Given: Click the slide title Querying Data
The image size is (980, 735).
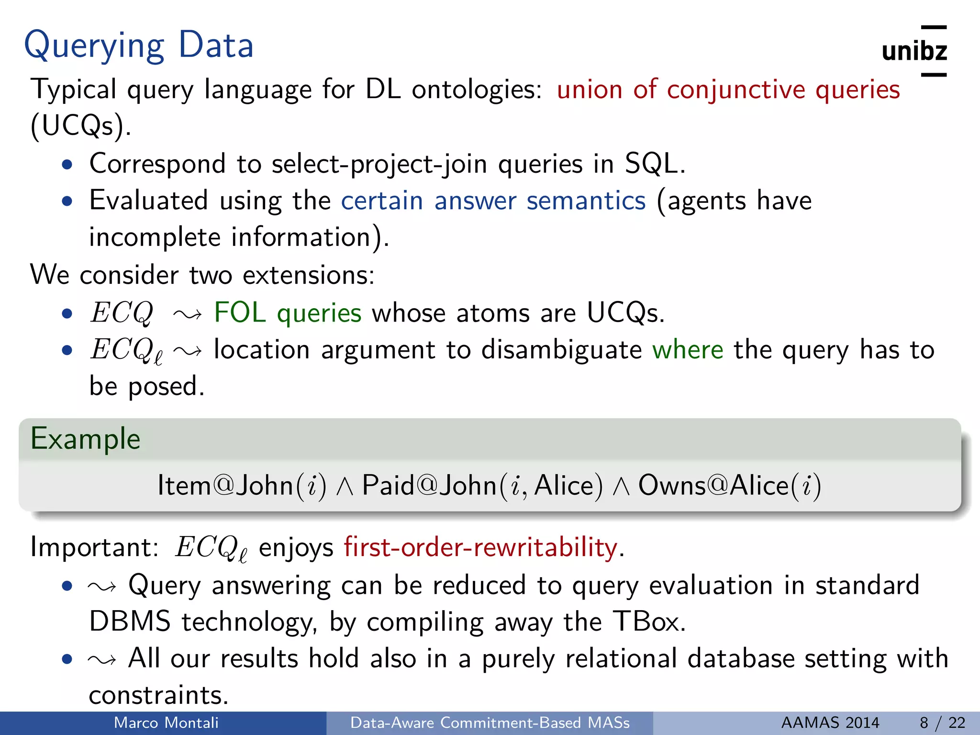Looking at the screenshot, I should pos(139,45).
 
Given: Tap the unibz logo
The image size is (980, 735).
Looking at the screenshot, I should pos(914,51).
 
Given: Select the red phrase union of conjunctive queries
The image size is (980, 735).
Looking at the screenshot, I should pos(728,89).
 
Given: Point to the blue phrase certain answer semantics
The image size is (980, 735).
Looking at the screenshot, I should pos(493,200).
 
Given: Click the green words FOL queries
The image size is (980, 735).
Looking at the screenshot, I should pos(287,313).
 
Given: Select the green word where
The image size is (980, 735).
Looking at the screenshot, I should pos(688,349).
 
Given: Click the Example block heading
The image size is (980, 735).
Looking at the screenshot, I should pos(86,439).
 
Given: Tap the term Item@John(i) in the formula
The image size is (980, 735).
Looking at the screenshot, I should pos(242,486).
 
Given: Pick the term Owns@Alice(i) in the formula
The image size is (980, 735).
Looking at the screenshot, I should pos(729,486).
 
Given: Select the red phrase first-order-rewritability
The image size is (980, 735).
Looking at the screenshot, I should pos(480,547).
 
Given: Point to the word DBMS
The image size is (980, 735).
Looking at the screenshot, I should pos(130,622).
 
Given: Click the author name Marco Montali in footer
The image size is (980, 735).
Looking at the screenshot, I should pos(166,723).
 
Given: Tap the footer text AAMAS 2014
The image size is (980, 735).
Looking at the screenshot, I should pos(830,723).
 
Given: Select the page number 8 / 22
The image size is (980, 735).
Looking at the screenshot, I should pos(942,723).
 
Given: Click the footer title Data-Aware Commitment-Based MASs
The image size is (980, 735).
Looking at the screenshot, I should pos(490,723).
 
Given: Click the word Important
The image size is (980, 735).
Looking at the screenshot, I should pos(93,547).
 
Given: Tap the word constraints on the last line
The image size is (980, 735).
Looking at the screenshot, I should pos(158,695).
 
